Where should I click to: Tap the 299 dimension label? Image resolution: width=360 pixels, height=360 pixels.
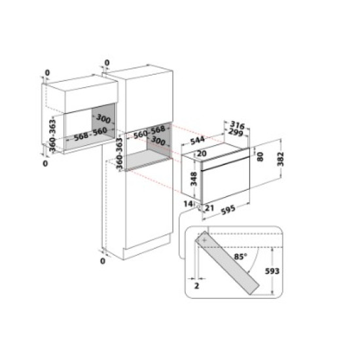pos(236,133)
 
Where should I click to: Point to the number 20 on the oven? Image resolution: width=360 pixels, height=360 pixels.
pos(202,153)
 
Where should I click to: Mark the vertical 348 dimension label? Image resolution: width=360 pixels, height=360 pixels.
pos(193,179)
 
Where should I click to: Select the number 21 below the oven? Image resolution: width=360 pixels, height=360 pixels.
pos(209,208)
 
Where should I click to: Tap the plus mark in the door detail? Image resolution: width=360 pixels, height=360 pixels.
pos(206,242)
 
